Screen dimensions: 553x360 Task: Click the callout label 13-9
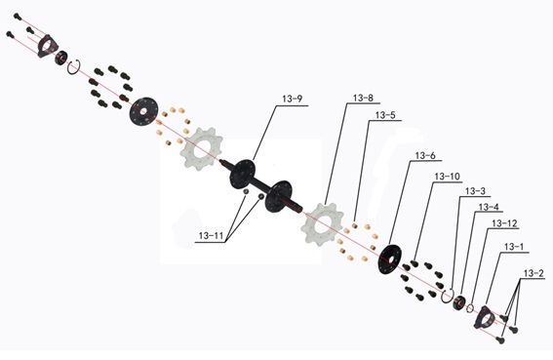293,99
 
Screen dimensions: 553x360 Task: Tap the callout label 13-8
363,98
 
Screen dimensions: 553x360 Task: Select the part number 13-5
385,115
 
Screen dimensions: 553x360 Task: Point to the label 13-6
425,156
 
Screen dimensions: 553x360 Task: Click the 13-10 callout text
448,177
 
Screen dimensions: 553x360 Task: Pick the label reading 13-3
475,191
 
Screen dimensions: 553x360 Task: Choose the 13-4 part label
490,207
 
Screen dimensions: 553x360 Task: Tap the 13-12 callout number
504,223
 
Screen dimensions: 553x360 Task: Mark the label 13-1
514,247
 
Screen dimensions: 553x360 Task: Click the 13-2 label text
533,273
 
